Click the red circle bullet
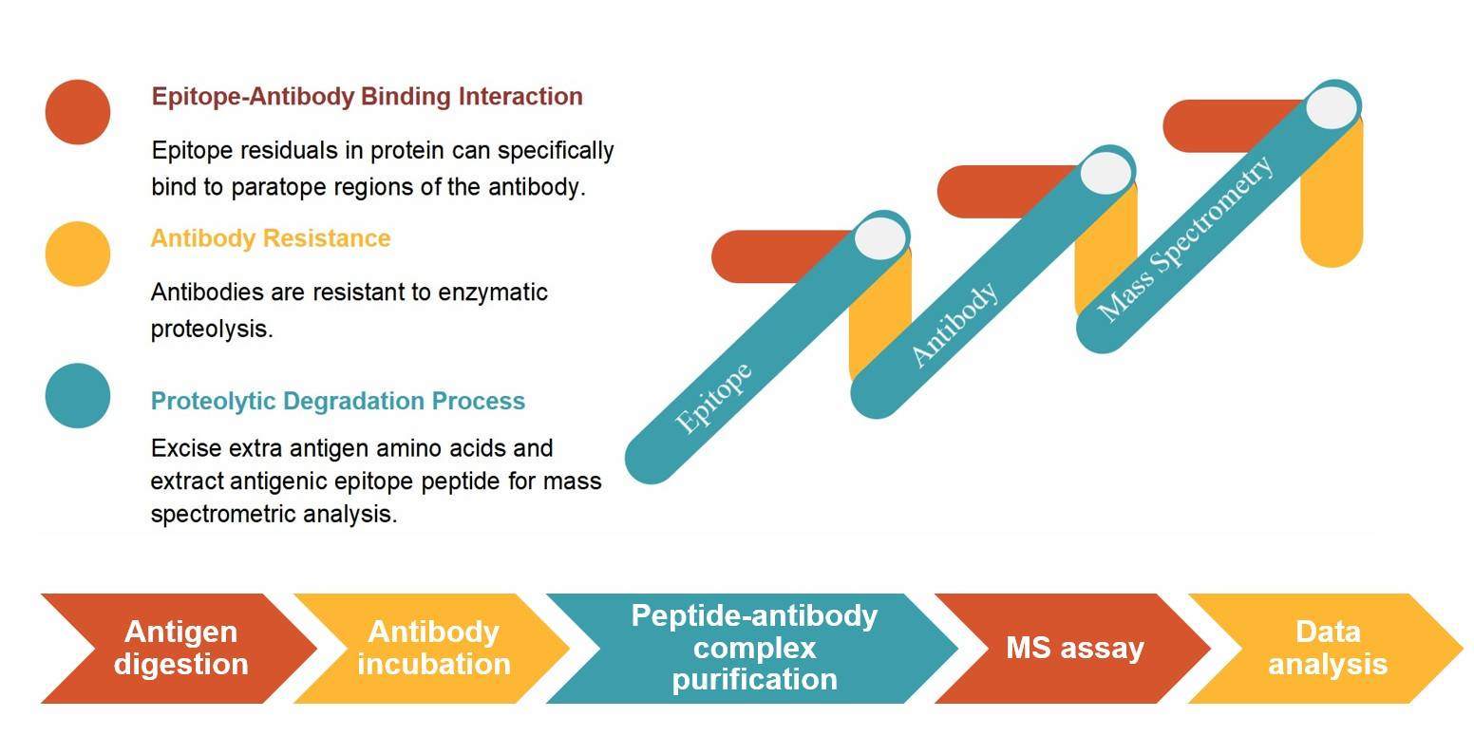point(78,112)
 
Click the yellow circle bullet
point(78,254)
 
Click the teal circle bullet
point(78,395)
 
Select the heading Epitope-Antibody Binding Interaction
point(367,97)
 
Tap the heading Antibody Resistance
point(271,238)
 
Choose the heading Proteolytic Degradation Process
point(337,401)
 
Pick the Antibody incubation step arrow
point(433,649)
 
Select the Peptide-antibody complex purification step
point(754,649)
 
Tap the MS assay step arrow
point(1074,649)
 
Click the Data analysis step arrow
point(1327,649)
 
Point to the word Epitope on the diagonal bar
point(713,398)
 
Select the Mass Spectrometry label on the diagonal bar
point(1184,238)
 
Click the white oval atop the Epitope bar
point(879,237)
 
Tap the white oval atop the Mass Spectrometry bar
point(1332,106)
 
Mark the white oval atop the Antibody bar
point(1105,173)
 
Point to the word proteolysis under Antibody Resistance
point(211,330)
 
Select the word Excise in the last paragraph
point(182,448)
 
